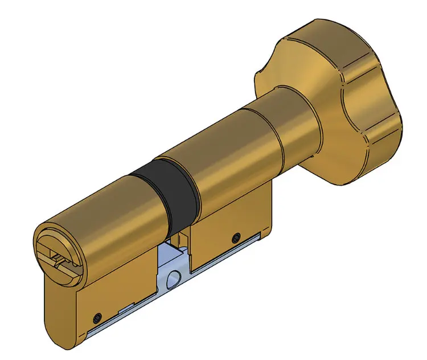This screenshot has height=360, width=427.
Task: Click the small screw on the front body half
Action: (97, 316)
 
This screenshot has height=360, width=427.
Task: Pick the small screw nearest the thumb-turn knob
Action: (235, 236)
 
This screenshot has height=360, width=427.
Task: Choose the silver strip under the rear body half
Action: (228, 253)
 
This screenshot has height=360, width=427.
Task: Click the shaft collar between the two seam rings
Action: (262, 134)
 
